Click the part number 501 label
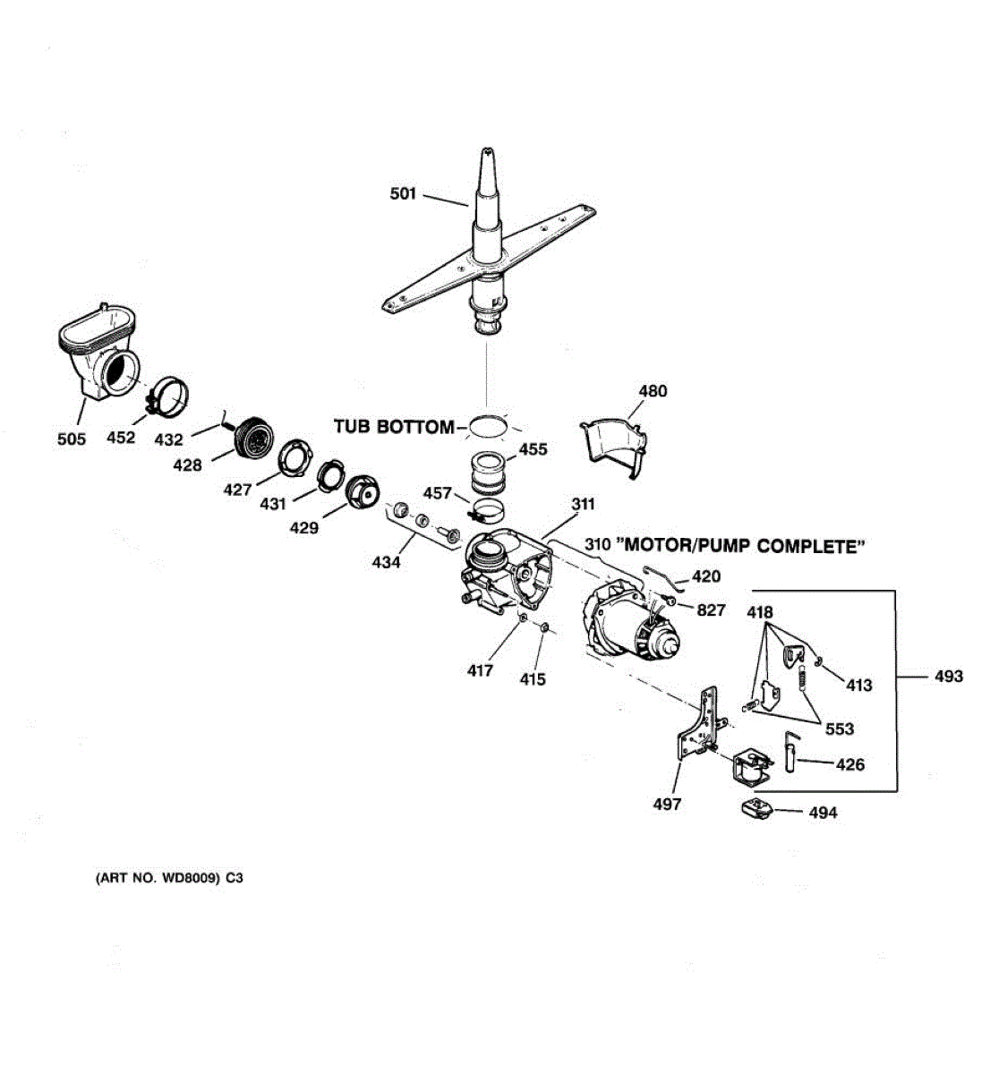click(403, 193)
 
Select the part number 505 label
click(72, 439)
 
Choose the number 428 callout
click(187, 465)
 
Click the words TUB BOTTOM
click(394, 427)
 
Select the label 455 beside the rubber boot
click(533, 449)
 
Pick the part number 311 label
click(583, 505)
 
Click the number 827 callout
click(711, 610)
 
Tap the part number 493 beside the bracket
click(948, 677)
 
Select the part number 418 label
click(760, 613)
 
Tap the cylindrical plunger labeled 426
click(790, 751)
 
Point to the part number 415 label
click(533, 679)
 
